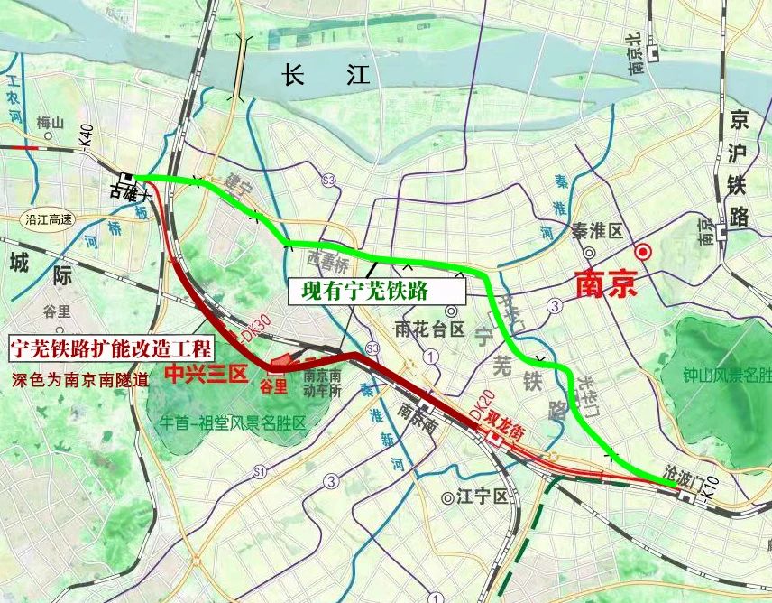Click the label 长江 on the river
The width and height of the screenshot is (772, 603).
(326, 75)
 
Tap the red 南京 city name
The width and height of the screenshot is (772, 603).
(605, 284)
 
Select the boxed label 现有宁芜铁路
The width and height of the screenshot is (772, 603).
(376, 292)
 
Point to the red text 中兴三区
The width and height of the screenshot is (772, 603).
(205, 374)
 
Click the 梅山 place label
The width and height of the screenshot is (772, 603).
(51, 123)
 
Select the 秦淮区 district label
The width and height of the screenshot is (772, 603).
(597, 231)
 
